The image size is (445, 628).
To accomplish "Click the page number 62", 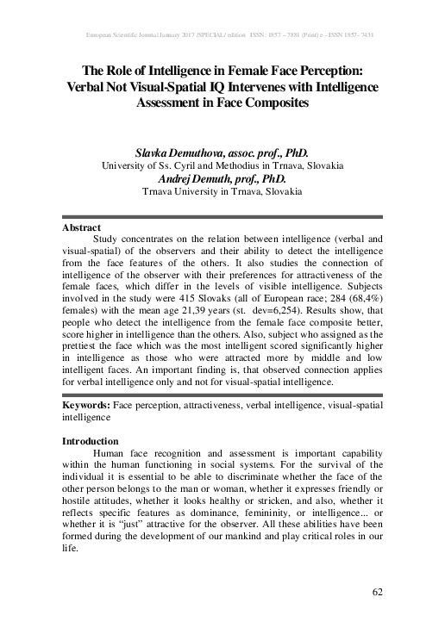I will [376, 591].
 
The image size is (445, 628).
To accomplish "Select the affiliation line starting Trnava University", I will [222, 191].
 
